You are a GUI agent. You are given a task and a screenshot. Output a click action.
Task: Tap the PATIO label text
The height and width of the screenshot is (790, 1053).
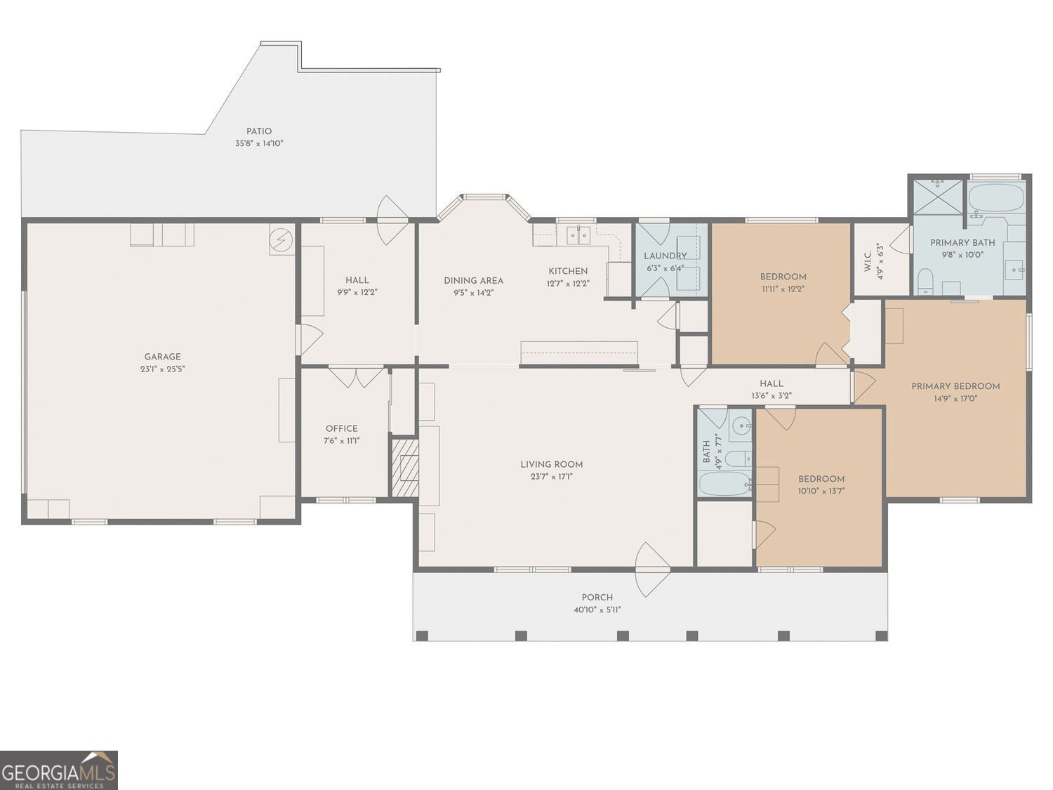[258, 131]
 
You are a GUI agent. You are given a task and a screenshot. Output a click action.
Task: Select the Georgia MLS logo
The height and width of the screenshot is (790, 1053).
[59, 770]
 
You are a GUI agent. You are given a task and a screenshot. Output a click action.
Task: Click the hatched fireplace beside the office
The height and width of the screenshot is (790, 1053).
[405, 468]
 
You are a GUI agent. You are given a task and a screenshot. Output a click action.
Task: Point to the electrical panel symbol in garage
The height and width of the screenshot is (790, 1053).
[282, 239]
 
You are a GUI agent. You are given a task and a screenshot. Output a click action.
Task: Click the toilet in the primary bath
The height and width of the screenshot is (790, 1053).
[926, 282]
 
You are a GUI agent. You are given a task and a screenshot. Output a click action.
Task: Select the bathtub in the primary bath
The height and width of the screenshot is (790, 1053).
[997, 198]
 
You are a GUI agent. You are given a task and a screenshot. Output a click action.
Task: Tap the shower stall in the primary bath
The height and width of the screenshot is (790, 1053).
[939, 197]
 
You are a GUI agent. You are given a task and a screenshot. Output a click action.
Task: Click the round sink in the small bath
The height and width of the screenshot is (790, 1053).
[742, 425]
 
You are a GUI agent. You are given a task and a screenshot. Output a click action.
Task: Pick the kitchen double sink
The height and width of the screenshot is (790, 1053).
[578, 235]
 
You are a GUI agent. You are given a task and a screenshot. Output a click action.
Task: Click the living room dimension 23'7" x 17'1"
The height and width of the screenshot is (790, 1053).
[552, 477]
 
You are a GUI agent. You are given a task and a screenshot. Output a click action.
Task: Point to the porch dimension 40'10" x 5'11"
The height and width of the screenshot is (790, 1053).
[597, 610]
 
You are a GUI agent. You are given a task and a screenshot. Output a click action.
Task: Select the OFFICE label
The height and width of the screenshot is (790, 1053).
[342, 428]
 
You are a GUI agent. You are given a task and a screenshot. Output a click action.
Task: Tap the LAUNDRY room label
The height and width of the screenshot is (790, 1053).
[665, 256]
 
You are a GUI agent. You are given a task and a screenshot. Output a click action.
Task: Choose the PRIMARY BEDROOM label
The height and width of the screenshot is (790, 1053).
[955, 386]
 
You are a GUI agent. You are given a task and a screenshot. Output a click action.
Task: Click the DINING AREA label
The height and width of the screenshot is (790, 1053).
[473, 281]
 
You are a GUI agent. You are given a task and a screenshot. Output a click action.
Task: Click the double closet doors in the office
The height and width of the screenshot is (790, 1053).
[357, 377]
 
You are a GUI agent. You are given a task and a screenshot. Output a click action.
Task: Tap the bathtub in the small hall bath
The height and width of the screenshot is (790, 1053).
[724, 484]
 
